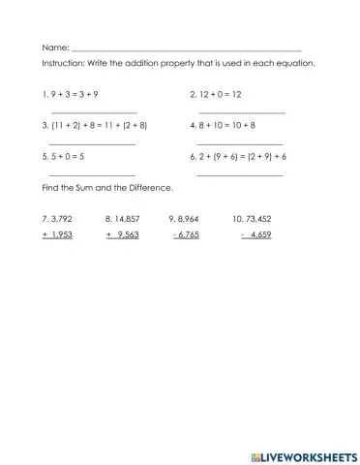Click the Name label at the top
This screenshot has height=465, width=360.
[55, 47]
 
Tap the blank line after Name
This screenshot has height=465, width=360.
[186, 49]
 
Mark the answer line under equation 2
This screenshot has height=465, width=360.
[241, 112]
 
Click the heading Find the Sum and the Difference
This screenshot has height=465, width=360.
[105, 186]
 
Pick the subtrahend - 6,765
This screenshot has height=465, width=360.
[186, 234]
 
